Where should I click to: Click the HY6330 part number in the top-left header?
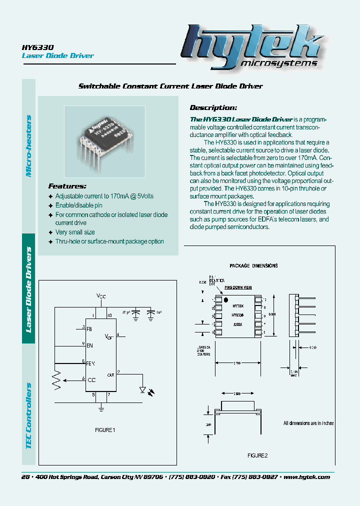(x=34, y=46)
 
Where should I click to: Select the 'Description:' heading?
(x=213, y=107)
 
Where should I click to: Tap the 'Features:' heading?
(x=67, y=185)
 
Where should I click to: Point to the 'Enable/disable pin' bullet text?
(x=78, y=205)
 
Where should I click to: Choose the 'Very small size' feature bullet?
(x=75, y=232)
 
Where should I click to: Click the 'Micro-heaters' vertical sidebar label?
(x=28, y=145)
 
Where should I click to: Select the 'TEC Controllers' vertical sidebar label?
(x=28, y=415)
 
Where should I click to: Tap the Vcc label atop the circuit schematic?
(x=101, y=296)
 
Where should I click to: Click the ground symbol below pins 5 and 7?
(x=101, y=409)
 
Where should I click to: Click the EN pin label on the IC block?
(x=90, y=345)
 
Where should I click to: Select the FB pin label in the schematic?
(x=89, y=329)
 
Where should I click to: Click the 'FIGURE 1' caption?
(x=105, y=430)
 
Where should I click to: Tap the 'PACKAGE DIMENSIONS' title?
(x=253, y=266)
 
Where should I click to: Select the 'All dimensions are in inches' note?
(x=308, y=423)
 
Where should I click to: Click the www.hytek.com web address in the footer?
(x=306, y=477)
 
